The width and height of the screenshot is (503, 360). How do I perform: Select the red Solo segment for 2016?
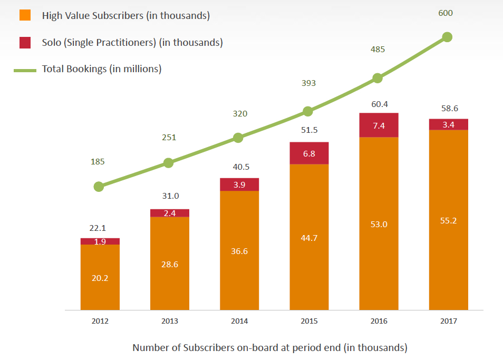click(x=379, y=125)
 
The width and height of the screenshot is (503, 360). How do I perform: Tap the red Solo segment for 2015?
click(x=309, y=153)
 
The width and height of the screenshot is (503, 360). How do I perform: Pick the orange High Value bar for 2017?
click(x=448, y=220)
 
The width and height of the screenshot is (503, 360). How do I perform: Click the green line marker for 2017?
click(x=447, y=37)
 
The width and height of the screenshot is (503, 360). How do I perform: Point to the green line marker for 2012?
click(x=99, y=187)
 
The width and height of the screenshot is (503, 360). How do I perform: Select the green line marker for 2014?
click(x=238, y=138)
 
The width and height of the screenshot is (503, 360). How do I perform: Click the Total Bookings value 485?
click(x=378, y=50)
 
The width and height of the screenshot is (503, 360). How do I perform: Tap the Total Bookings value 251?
click(x=169, y=138)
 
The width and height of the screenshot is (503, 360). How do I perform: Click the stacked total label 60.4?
click(x=380, y=104)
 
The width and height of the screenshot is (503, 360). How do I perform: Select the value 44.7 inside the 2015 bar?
click(x=309, y=238)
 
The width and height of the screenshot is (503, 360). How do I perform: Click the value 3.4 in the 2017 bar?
click(x=448, y=125)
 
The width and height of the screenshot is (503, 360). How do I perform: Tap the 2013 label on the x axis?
click(x=170, y=321)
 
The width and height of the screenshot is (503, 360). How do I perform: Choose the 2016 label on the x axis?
click(x=379, y=321)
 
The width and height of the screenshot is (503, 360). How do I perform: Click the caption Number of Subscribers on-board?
click(x=269, y=347)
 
